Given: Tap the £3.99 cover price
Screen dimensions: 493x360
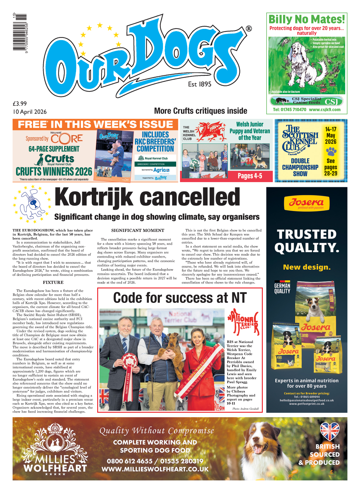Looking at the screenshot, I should click(x=20, y=104).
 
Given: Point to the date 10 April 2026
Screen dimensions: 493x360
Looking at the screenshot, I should click(x=30, y=112).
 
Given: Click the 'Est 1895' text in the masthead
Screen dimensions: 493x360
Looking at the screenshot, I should click(x=200, y=84).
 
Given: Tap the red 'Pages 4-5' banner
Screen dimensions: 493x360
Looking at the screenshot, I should click(x=250, y=176).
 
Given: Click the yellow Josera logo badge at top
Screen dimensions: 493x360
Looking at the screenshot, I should click(x=306, y=203).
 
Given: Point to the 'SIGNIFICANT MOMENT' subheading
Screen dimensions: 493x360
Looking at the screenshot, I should click(x=138, y=230).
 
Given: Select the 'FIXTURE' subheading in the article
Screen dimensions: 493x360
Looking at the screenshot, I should click(x=53, y=282).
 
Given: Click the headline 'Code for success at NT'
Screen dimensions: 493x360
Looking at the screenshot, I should click(x=180, y=298).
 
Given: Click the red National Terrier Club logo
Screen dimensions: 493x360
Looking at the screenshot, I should click(x=243, y=321).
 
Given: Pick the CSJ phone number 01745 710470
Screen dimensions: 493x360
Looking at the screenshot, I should click(x=290, y=110).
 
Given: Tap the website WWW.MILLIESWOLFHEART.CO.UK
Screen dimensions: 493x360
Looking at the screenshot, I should click(x=155, y=469).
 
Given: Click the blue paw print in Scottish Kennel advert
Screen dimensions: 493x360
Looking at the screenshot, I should click(x=331, y=151).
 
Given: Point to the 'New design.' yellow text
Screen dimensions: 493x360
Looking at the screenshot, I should click(x=306, y=267).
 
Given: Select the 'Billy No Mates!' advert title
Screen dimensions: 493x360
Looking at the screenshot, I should click(x=306, y=19).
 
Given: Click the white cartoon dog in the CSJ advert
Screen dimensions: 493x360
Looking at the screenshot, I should click(x=302, y=64).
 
